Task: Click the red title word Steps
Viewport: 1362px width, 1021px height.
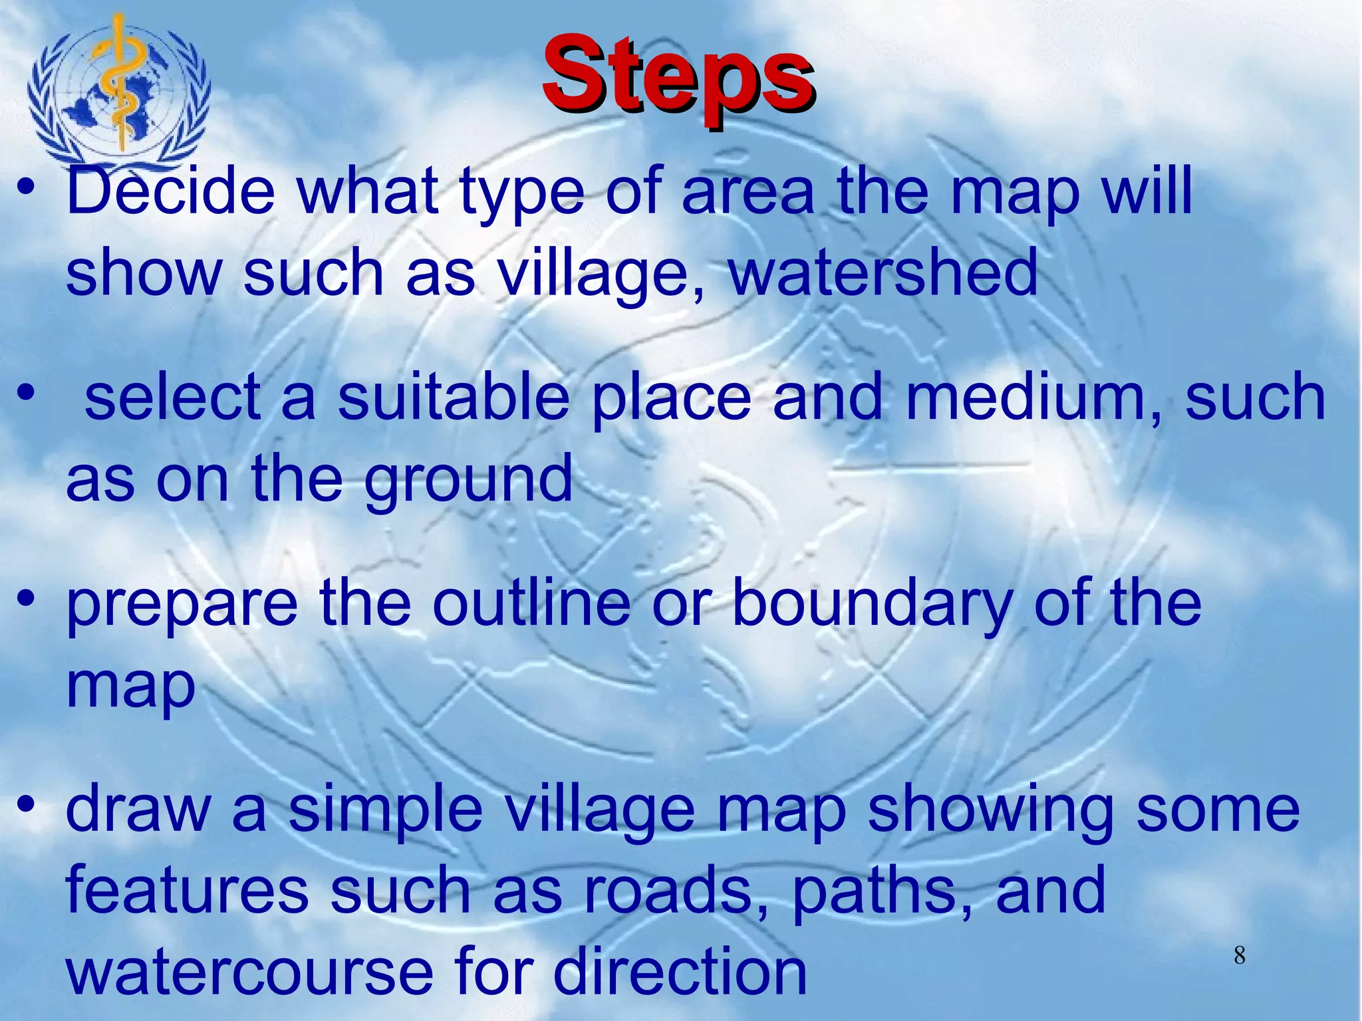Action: click(x=678, y=80)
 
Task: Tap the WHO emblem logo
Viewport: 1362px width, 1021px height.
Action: click(x=119, y=90)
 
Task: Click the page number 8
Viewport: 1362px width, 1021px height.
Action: click(x=1239, y=956)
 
